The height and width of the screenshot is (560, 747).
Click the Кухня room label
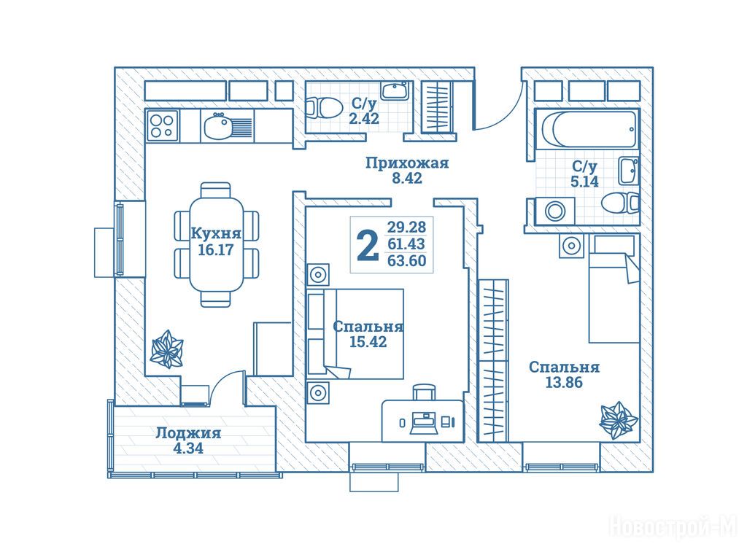tap(216, 234)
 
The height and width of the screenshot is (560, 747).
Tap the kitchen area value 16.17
tap(215, 249)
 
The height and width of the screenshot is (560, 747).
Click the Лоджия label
tap(189, 433)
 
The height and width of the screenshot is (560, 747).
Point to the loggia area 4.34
tap(188, 448)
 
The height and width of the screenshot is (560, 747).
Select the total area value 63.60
tap(407, 260)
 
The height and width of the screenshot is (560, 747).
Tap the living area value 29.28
tap(406, 226)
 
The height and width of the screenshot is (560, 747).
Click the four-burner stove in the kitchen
tap(163, 125)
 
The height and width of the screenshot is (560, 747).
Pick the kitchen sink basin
tap(217, 127)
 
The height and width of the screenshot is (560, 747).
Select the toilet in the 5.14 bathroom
tap(619, 204)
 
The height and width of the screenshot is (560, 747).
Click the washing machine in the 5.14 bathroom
tap(554, 211)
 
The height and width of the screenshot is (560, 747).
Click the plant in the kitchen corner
tap(166, 349)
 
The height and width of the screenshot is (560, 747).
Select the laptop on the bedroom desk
tap(424, 423)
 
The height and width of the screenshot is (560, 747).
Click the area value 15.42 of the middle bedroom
tap(368, 341)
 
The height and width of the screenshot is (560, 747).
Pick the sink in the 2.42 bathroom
tap(395, 90)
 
